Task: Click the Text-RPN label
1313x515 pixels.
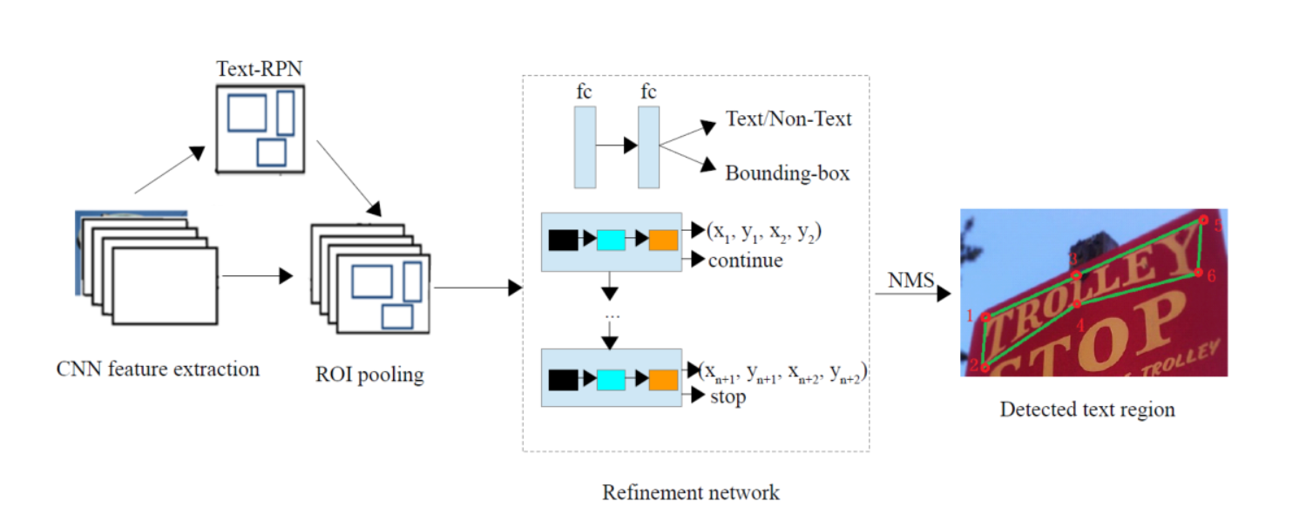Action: (x=260, y=68)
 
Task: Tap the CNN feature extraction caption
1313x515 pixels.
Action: (x=158, y=369)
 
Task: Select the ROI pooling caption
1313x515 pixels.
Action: (x=369, y=376)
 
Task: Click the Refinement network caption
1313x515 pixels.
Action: (x=691, y=492)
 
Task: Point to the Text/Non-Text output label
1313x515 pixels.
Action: (x=788, y=119)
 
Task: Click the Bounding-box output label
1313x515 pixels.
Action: (x=787, y=173)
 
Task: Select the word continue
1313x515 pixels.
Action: (x=745, y=260)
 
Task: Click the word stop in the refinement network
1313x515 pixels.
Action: (x=728, y=397)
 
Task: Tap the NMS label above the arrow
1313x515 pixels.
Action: (x=910, y=281)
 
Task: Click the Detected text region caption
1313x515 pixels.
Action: (x=1087, y=409)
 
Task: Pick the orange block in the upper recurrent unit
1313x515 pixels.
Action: (x=663, y=240)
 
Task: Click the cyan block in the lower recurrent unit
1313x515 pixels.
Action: (x=611, y=379)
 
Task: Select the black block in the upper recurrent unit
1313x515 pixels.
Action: (x=563, y=240)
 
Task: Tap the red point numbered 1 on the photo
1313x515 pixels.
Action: (x=986, y=317)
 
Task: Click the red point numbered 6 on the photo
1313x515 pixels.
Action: (x=1199, y=273)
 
